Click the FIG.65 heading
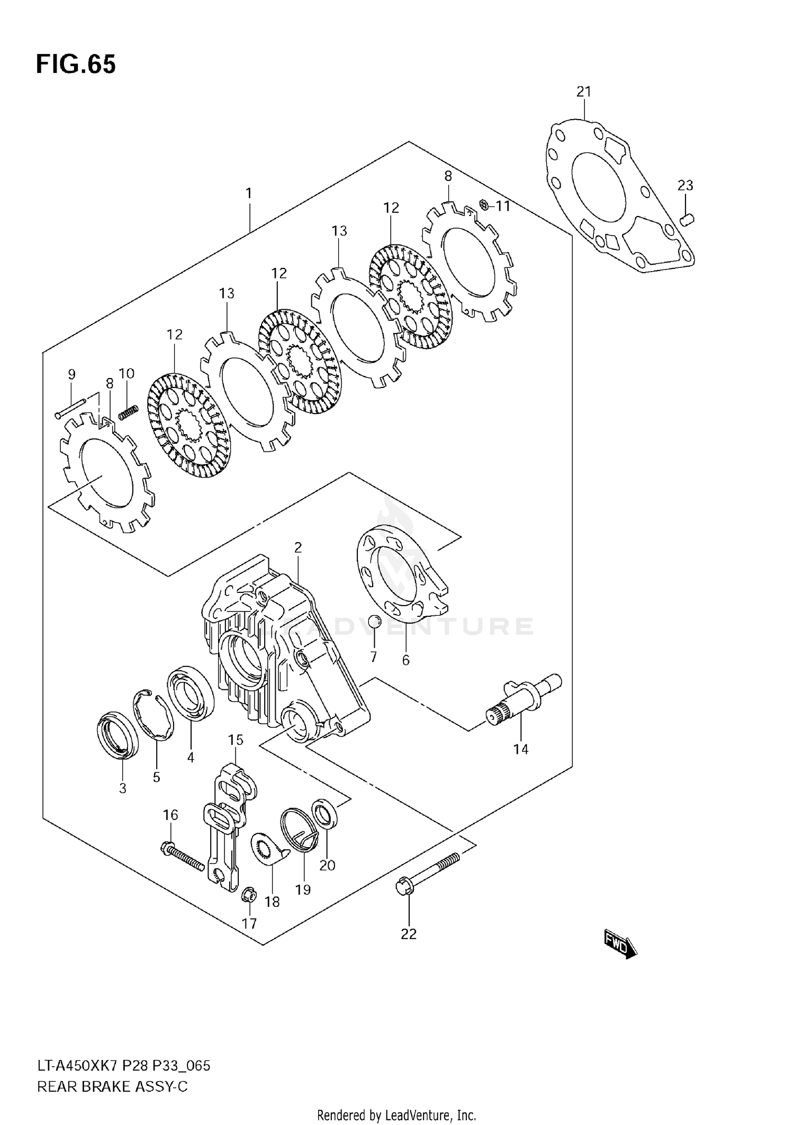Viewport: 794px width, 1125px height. click(x=76, y=65)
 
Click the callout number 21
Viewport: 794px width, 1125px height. click(x=583, y=92)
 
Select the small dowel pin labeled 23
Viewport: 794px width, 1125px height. click(x=687, y=219)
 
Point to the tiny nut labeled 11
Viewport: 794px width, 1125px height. click(x=483, y=204)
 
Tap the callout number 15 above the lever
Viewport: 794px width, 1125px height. click(x=236, y=740)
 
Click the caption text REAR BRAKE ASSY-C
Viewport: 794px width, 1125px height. click(x=112, y=1086)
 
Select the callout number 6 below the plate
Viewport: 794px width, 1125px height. click(x=405, y=660)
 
